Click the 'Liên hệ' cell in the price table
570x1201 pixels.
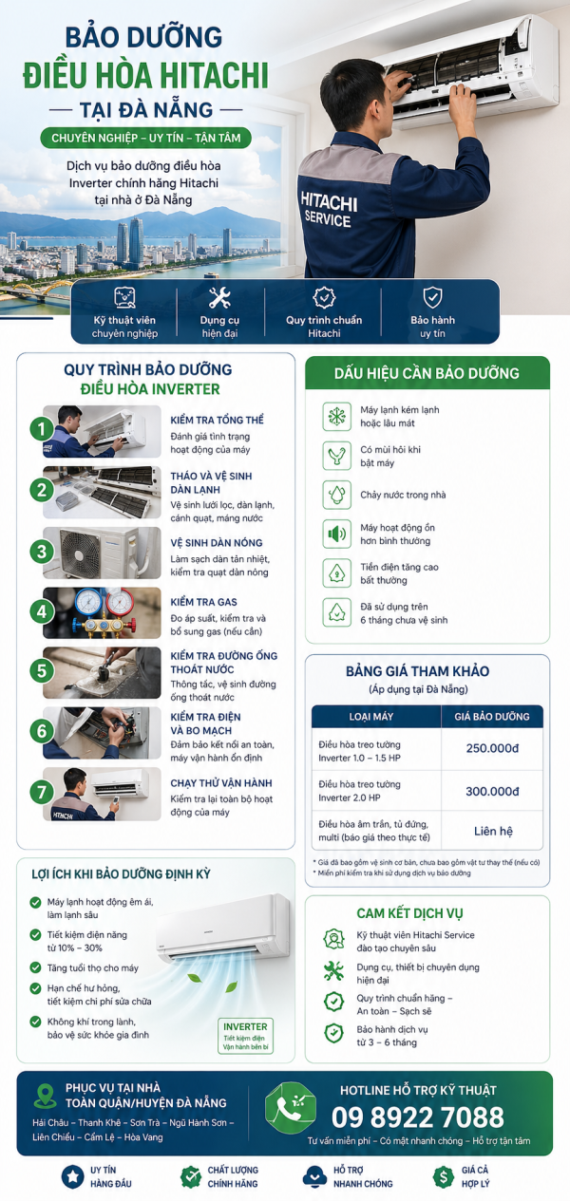tap(492, 831)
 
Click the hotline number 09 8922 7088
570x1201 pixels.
tap(417, 1116)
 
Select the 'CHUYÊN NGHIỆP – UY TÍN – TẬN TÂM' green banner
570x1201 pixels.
tap(146, 139)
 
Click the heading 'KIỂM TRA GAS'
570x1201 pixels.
tap(203, 602)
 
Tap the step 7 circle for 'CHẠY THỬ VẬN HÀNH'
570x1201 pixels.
tap(41, 792)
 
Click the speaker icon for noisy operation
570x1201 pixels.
tap(336, 534)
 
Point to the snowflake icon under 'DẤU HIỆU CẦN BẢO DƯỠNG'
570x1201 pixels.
tap(336, 415)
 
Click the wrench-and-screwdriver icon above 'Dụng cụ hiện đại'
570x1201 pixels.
tap(219, 297)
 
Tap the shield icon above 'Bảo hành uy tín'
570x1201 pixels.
tap(432, 296)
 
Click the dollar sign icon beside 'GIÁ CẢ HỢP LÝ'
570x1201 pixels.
tap(443, 1176)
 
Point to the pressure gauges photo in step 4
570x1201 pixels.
tap(102, 612)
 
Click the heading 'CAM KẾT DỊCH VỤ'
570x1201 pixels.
tap(409, 913)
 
